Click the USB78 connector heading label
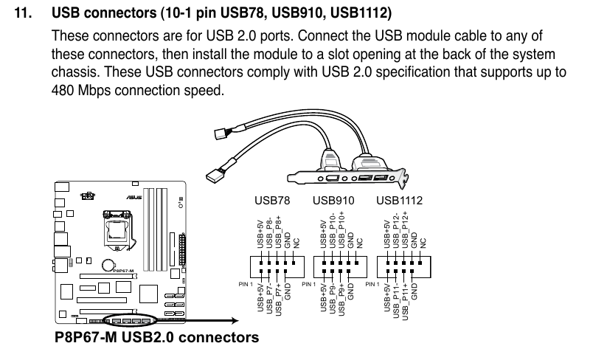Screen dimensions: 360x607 point(272,200)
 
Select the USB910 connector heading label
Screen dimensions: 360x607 point(334,200)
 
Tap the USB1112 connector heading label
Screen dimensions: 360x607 point(399,200)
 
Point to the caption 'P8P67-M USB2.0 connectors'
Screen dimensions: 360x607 point(156,339)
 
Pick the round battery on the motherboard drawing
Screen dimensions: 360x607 point(108,264)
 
